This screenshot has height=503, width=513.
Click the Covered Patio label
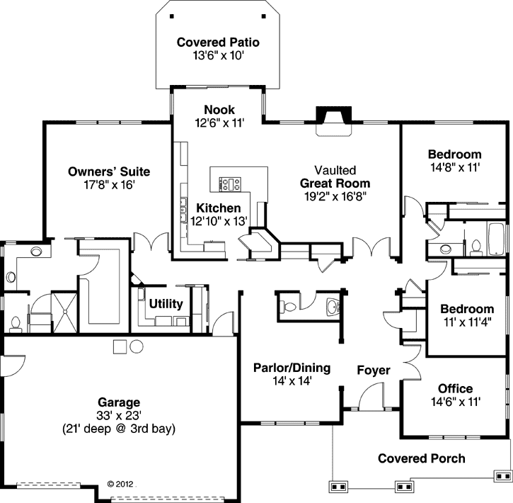click(218, 43)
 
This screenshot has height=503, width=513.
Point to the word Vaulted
click(335, 171)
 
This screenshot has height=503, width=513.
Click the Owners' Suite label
click(109, 171)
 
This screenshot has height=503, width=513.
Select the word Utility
click(166, 304)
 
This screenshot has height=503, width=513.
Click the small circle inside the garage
click(119, 346)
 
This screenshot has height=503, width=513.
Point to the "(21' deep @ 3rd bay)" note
click(120, 429)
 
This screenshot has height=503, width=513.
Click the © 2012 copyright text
click(120, 485)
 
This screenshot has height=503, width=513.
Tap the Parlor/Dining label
click(292, 367)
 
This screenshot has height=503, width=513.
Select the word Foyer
click(374, 370)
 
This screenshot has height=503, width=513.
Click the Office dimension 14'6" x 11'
click(455, 402)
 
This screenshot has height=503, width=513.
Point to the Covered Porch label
click(422, 458)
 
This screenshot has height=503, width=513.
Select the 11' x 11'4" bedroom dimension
click(467, 322)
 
